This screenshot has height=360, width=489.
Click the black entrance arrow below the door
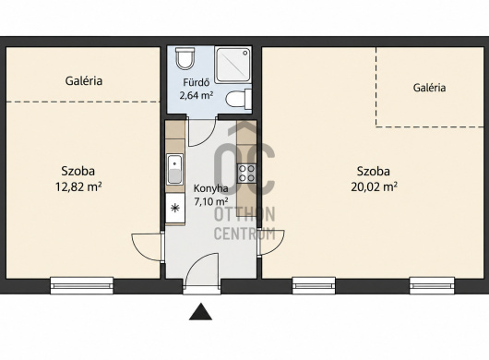coord(200,312)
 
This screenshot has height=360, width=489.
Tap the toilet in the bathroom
coord(185,58)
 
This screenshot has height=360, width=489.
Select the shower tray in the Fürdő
coord(233,65)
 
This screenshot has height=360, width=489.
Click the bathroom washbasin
coord(239,99)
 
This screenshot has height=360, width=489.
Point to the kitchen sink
coord(175,169)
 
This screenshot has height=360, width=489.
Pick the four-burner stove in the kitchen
coord(246,174)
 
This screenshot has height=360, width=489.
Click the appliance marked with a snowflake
coord(175,208)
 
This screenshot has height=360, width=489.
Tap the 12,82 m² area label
coord(78,186)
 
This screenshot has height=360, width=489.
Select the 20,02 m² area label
coord(374,186)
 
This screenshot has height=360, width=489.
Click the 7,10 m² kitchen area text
coord(210,201)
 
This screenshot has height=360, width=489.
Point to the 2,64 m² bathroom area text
coord(197,95)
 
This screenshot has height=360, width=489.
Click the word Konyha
coord(210,188)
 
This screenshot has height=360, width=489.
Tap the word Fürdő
coord(197,82)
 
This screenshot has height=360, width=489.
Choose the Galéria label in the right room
coord(429,88)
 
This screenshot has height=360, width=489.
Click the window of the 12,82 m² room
coord(82,285)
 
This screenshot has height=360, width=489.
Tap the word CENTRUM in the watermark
coord(244,234)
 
